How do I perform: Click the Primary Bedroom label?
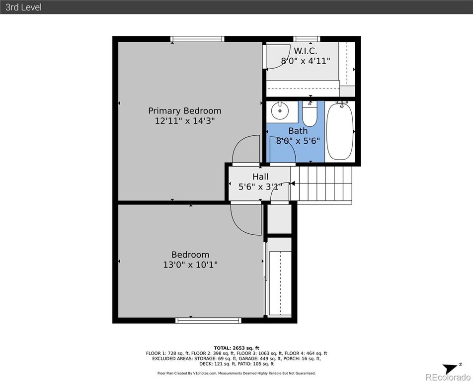(x=185, y=111)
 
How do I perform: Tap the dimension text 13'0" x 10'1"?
(x=190, y=265)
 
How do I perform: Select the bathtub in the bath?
(x=340, y=132)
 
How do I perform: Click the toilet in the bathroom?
(x=310, y=114)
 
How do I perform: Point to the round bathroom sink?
(x=280, y=110)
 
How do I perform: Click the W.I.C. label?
(x=305, y=50)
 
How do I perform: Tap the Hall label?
(x=260, y=177)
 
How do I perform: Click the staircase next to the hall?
(x=321, y=184)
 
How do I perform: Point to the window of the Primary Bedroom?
(x=197, y=39)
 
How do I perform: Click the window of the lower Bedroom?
(x=209, y=320)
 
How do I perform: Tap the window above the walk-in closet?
(x=307, y=39)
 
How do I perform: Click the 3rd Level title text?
(x=23, y=7)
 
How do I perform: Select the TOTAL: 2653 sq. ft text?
(x=236, y=348)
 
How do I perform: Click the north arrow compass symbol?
(x=451, y=369)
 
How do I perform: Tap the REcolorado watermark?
(x=448, y=377)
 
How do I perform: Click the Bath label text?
(x=298, y=131)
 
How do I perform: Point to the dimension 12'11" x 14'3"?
(x=185, y=121)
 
